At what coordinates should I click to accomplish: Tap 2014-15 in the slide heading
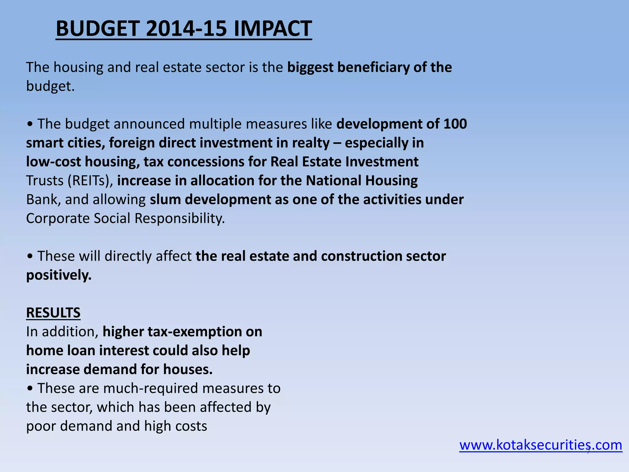click(x=186, y=28)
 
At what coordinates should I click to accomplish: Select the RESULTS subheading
click(x=53, y=313)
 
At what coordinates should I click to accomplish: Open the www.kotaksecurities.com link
click(x=541, y=445)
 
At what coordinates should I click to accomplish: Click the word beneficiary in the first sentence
click(x=373, y=67)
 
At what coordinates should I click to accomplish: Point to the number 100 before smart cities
click(x=455, y=124)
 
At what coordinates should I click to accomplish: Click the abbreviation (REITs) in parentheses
click(x=90, y=181)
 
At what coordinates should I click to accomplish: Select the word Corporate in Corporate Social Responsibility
click(x=58, y=218)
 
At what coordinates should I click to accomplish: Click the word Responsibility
click(x=180, y=218)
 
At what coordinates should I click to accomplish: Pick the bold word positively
click(x=59, y=275)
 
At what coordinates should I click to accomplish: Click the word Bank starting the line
click(x=42, y=199)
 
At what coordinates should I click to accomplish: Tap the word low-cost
click(x=53, y=162)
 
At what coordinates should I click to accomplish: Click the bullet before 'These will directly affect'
click(x=30, y=256)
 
